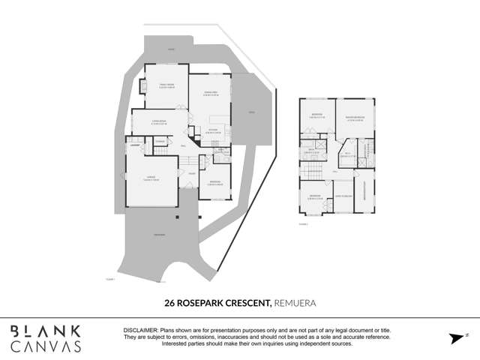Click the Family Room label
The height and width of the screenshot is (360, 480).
(166, 85)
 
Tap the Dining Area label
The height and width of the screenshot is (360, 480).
(210, 94)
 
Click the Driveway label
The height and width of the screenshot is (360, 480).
(159, 235)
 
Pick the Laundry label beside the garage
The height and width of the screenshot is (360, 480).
(135, 144)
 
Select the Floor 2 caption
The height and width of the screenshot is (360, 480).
(303, 223)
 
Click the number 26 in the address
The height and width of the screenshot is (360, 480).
(170, 303)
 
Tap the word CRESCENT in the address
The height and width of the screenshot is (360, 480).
(246, 303)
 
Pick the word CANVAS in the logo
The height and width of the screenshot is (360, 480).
(46, 346)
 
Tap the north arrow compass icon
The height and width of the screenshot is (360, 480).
(455, 338)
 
